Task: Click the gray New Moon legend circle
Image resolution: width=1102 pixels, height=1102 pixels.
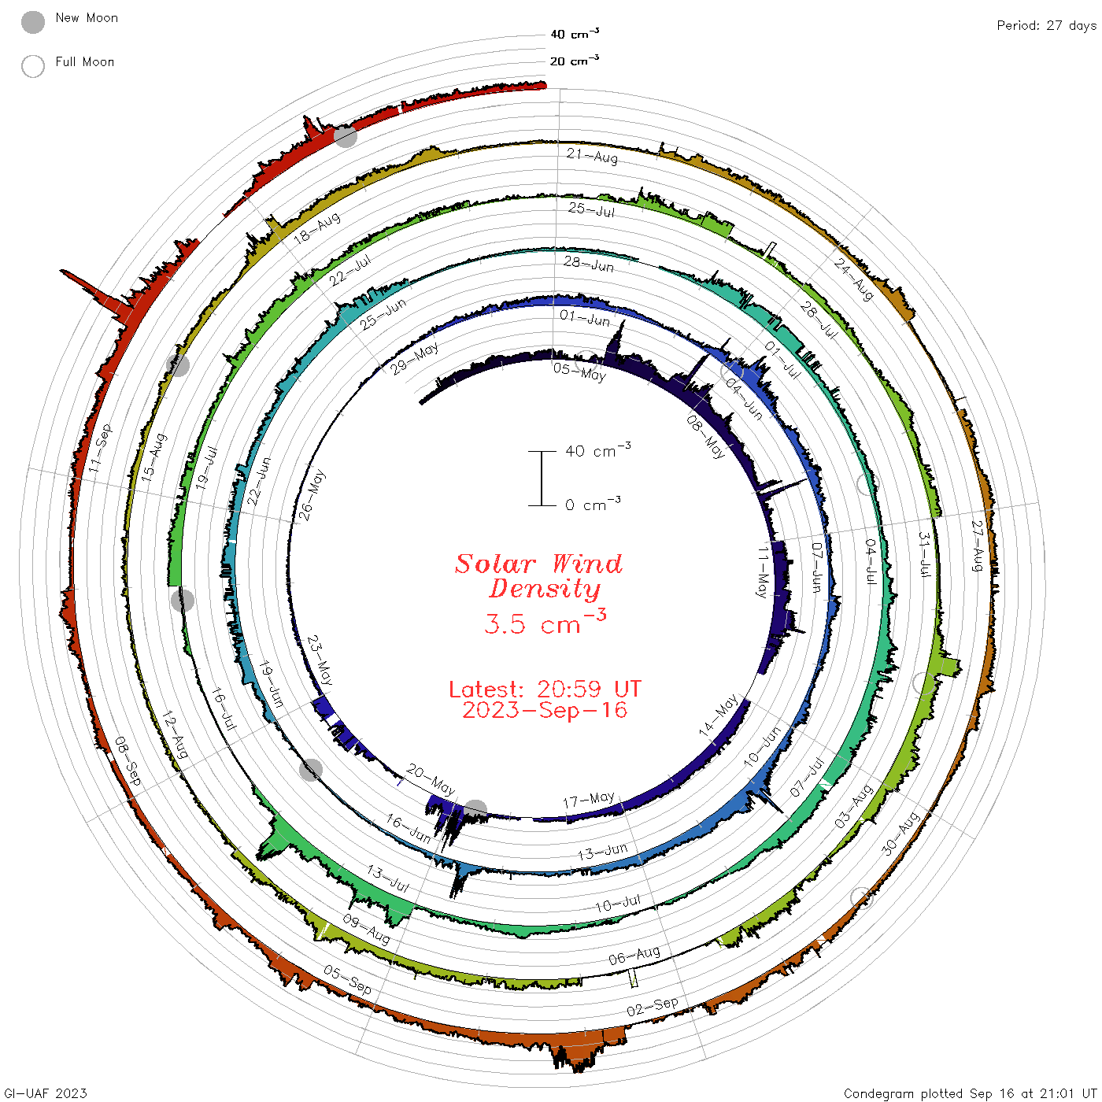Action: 32,22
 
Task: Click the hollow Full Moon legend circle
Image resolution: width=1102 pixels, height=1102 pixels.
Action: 32,66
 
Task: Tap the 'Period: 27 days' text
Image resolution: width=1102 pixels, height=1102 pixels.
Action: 1047,26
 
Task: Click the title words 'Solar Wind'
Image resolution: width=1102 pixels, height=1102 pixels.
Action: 538,564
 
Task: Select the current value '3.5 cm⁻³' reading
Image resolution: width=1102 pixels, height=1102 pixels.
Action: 545,622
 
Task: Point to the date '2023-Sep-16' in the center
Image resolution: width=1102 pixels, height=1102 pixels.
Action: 545,711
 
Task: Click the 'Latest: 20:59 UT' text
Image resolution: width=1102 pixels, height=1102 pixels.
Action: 545,689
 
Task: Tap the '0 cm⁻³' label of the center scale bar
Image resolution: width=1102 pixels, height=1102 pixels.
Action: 593,504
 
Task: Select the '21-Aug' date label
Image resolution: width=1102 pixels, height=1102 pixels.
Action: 592,156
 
